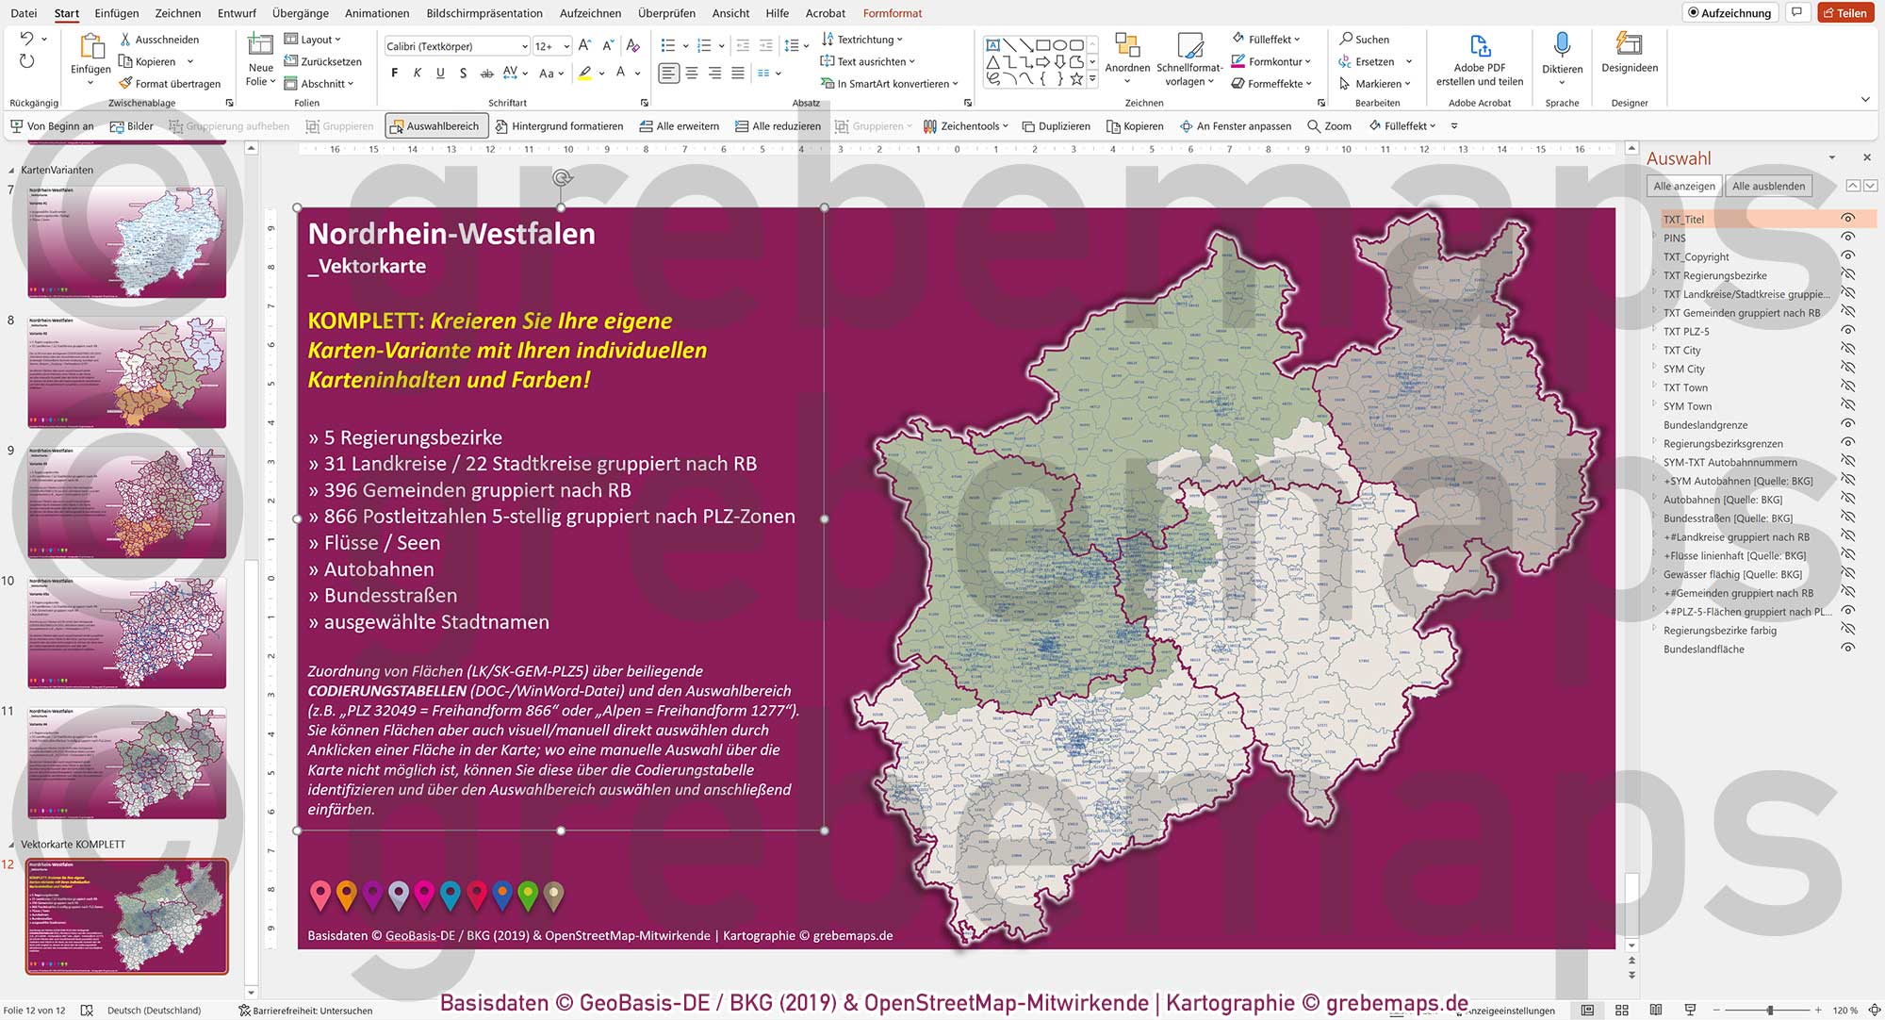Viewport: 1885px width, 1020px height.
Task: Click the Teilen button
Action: (1845, 13)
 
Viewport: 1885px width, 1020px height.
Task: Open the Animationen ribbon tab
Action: (377, 13)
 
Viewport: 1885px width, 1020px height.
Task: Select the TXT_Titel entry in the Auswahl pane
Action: (1683, 220)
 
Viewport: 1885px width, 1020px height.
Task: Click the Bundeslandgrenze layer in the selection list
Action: (1705, 425)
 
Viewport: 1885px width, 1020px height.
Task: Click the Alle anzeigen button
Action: (1683, 186)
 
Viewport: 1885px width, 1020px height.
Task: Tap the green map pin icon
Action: (528, 894)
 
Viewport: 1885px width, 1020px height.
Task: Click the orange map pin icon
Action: (347, 894)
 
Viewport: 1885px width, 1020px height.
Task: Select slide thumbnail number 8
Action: (127, 371)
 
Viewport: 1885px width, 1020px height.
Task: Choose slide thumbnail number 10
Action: (127, 632)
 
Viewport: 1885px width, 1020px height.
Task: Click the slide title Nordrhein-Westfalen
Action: (451, 234)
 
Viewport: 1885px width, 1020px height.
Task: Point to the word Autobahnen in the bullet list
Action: (379, 569)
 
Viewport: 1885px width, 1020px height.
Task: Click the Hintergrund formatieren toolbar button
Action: (559, 126)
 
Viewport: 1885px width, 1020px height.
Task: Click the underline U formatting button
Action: (440, 74)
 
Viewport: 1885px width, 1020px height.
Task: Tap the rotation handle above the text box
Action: (562, 178)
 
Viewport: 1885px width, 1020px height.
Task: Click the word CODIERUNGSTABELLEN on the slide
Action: (386, 691)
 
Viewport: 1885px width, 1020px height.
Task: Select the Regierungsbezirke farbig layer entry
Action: (1719, 631)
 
